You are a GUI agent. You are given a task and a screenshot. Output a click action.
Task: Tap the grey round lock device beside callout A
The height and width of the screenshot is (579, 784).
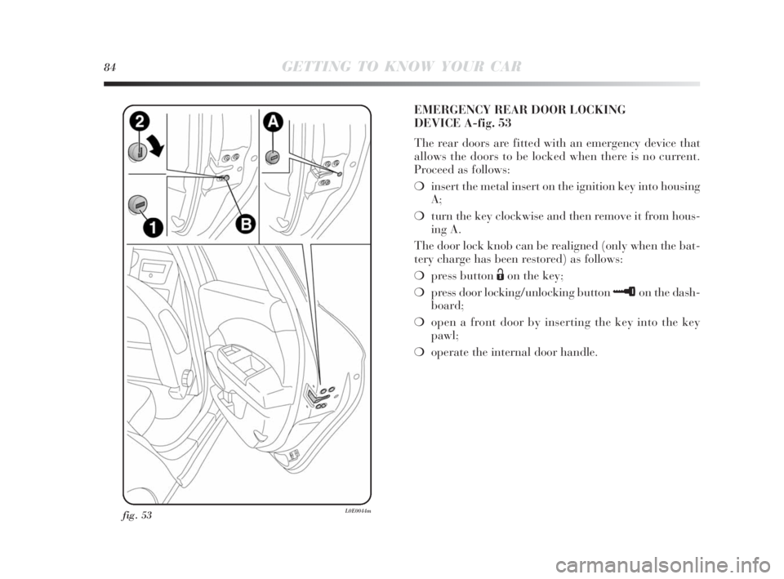(x=275, y=156)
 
